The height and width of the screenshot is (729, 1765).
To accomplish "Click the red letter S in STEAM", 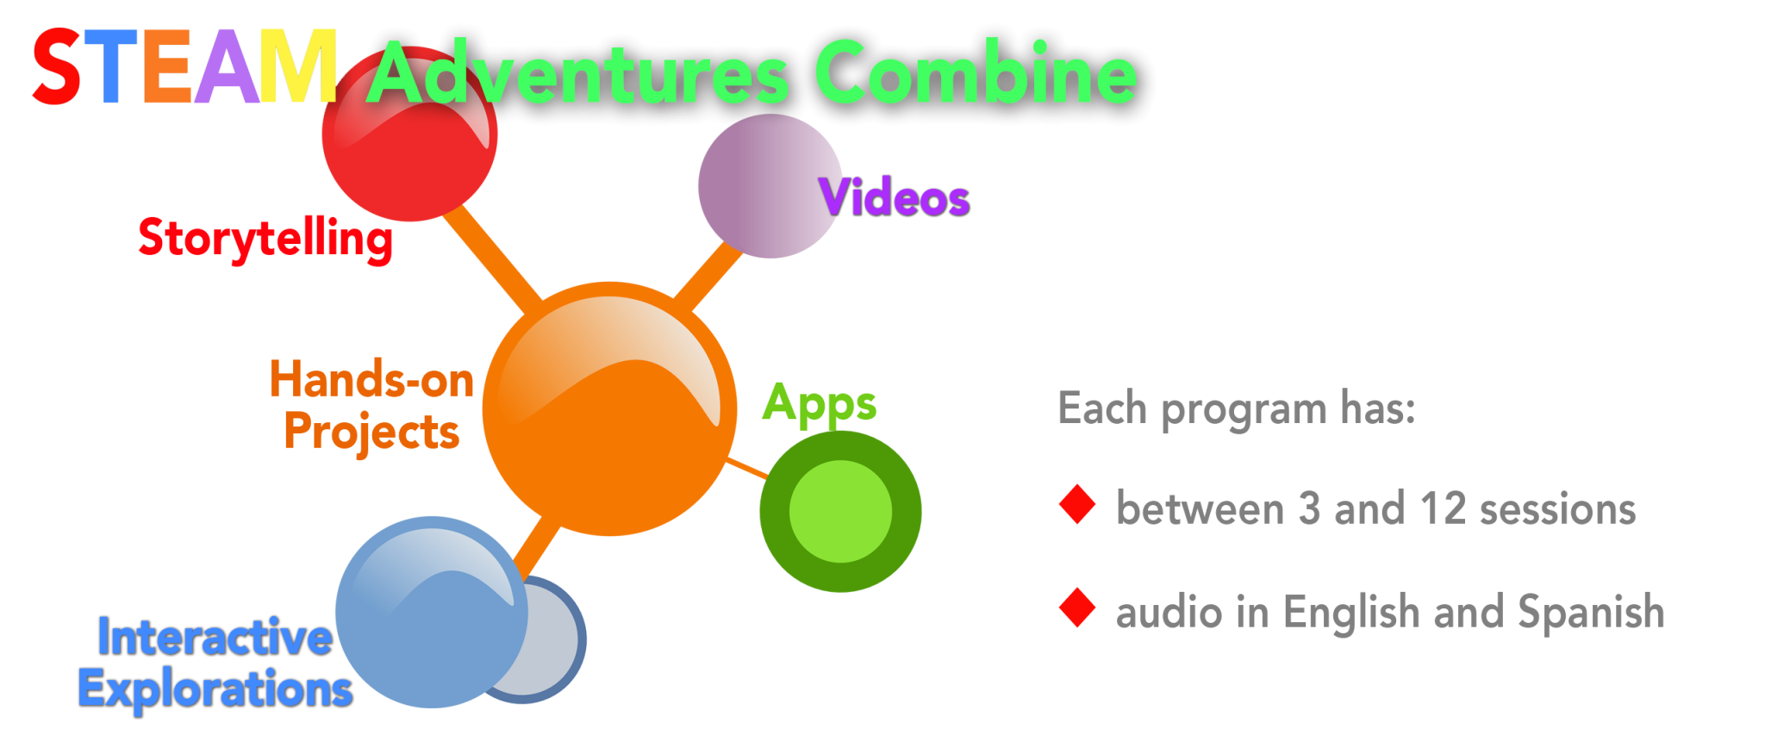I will coord(56,67).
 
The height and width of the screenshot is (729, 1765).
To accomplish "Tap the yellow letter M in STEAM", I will coord(298,65).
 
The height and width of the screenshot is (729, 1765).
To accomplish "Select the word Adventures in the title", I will coord(577,74).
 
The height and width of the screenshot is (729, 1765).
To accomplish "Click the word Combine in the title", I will coord(976,74).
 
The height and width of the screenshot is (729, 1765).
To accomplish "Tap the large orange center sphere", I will coord(609,409).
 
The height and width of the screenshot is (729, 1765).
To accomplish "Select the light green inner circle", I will coord(840,511).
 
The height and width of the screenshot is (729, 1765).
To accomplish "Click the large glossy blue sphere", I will coord(431,612).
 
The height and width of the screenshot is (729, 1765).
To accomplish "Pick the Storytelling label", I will coord(265,238).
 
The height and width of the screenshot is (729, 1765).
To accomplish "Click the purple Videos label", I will coord(895,198).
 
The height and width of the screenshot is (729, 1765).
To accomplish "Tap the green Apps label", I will coord(820,403).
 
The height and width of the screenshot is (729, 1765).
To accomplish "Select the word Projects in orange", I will coord(371,431).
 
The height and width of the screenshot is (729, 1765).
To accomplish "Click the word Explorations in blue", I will coord(215,689).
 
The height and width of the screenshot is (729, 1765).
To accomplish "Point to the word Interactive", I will coord(215,637).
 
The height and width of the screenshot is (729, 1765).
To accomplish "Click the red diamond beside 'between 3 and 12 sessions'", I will coord(1077,505).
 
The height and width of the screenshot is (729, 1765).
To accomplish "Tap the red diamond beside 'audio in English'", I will coord(1077,608).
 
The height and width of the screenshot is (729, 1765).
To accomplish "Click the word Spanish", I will coord(1590,612).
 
